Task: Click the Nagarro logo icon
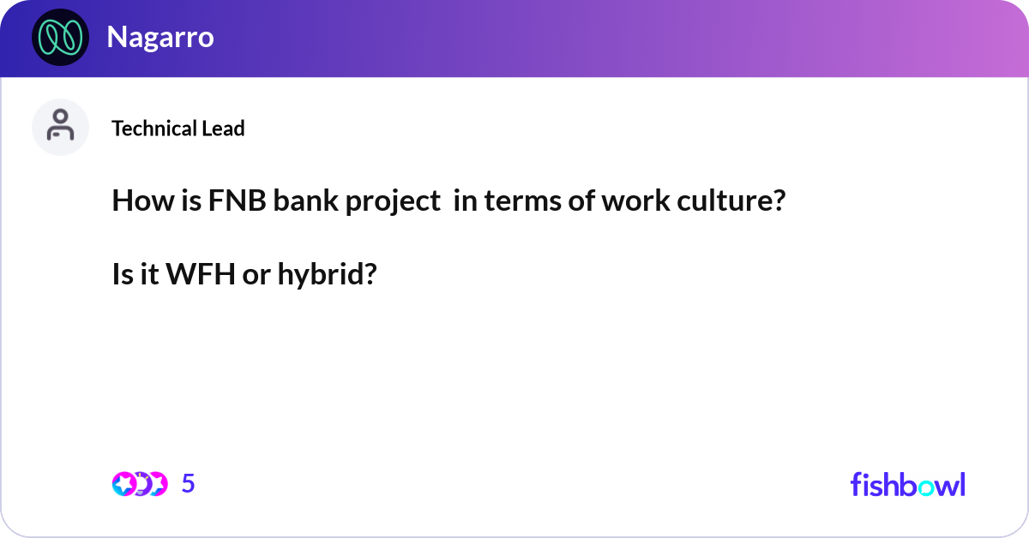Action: (x=60, y=38)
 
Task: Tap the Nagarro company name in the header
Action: (x=159, y=38)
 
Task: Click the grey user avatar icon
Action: (x=60, y=127)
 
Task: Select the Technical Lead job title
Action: (x=178, y=129)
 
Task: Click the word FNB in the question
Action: (x=230, y=201)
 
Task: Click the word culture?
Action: (x=736, y=201)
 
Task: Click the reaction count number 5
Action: (x=189, y=484)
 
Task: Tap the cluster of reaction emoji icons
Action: (x=139, y=484)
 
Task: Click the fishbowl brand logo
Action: (x=907, y=484)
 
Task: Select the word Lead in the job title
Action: (x=224, y=129)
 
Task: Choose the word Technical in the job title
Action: (x=154, y=129)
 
